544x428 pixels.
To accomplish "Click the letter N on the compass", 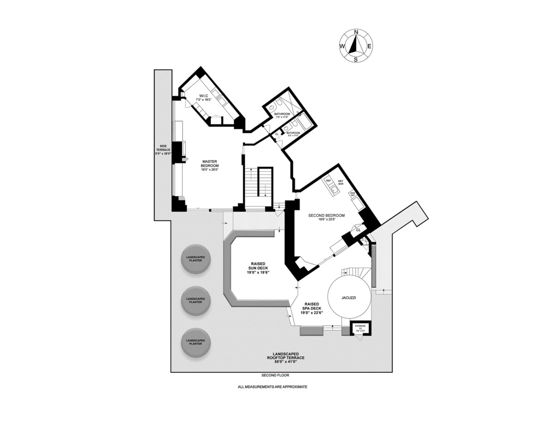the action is pos(356,32).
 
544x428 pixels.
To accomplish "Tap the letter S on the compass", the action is pos(356,59).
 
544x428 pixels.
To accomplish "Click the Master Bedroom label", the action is pos(210,164).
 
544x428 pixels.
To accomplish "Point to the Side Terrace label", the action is pos(163,150).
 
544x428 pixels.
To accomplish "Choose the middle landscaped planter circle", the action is pos(196,301).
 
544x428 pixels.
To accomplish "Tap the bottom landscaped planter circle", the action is pos(196,342).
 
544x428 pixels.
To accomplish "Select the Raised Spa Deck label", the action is pos(312,307).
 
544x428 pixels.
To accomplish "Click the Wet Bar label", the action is pos(340,183).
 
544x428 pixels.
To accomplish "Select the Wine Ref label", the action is pos(352,195).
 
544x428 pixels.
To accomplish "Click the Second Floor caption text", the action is pos(275,375).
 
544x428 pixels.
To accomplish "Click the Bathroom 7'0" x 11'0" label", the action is pos(282,115).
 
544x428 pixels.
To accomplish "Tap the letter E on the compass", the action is pos(369,46).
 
